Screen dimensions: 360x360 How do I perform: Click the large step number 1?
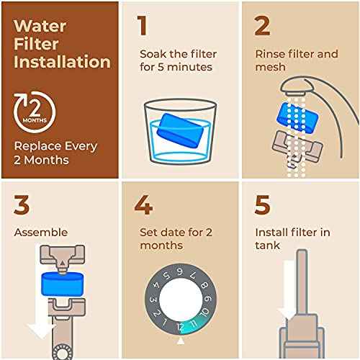point(143,26)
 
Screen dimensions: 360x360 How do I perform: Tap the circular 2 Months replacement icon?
point(31,110)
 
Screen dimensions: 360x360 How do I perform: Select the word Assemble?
point(40,233)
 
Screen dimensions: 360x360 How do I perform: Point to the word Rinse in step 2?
point(271,53)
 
